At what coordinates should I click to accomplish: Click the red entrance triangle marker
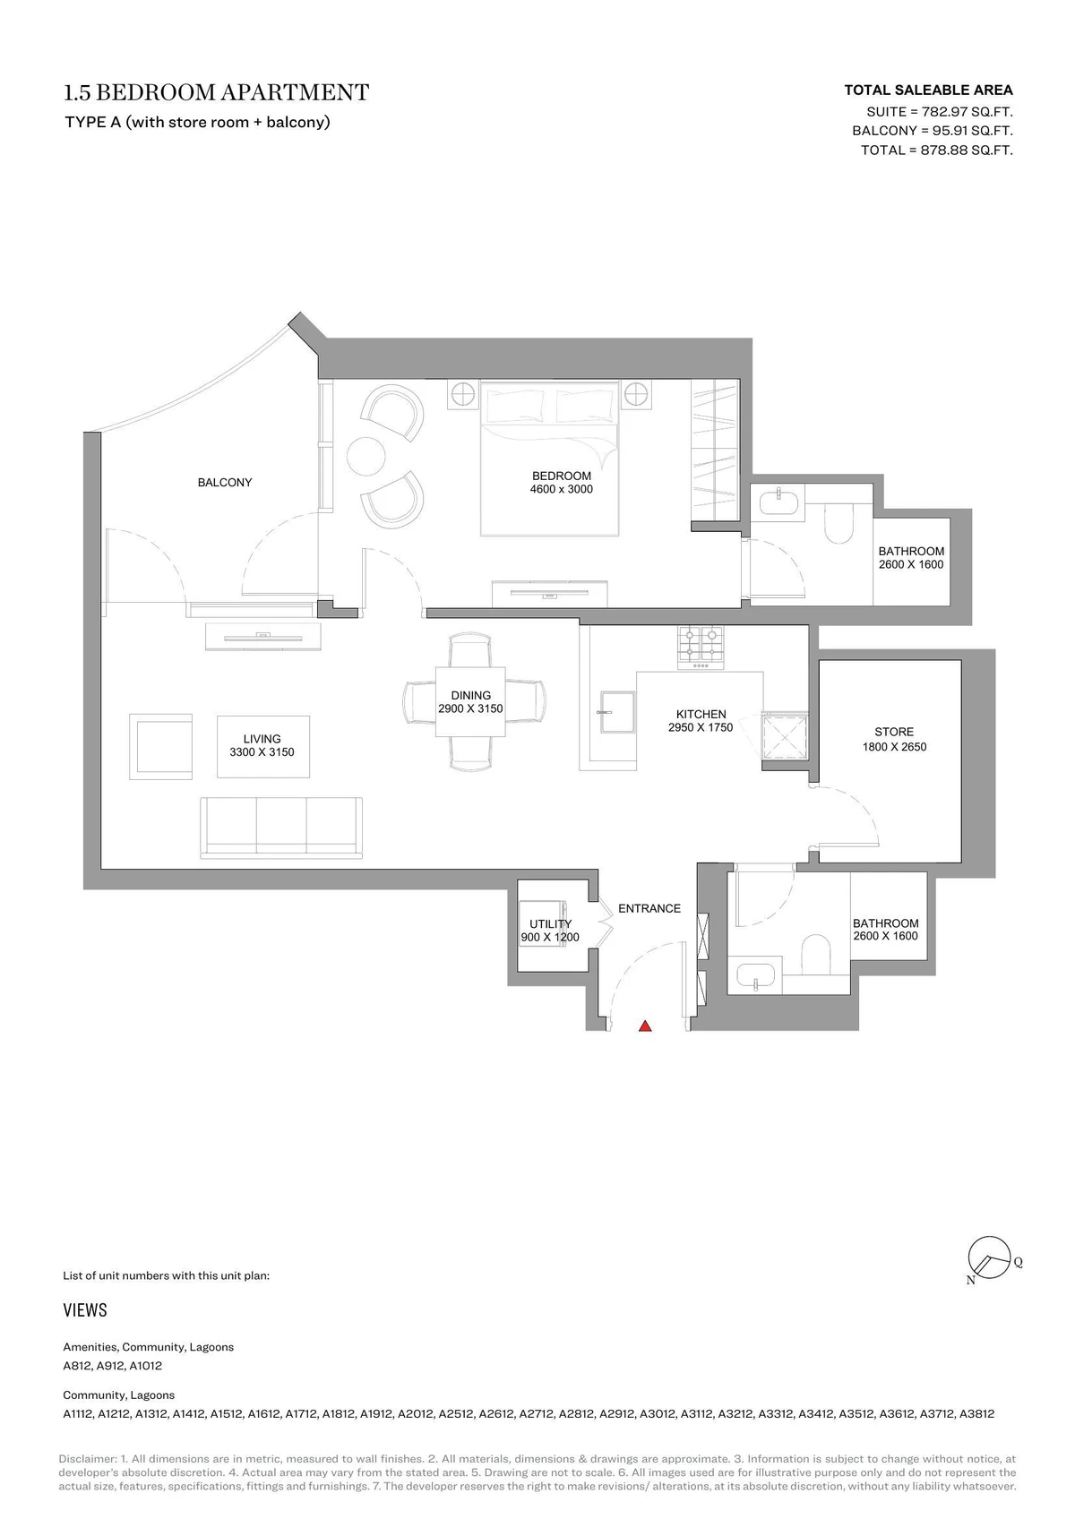645,1026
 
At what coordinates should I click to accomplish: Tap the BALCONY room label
225,482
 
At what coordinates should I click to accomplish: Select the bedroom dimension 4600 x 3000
562,489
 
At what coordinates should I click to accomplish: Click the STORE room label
894,732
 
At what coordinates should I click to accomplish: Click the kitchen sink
617,713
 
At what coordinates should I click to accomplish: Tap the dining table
470,702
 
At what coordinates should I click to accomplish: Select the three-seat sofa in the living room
281,828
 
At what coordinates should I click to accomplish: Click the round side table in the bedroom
366,455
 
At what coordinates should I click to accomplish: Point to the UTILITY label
550,923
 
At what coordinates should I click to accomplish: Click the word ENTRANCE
649,908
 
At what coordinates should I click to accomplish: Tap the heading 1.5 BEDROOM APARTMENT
217,92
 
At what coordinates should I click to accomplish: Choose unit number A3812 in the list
976,1414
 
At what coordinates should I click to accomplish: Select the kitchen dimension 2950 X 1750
701,727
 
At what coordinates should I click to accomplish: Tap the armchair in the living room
160,747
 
